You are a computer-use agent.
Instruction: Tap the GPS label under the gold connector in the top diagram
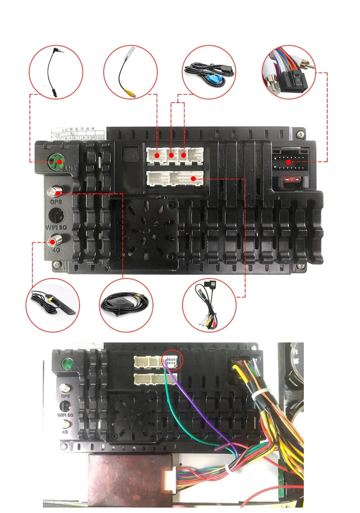[x=56, y=202]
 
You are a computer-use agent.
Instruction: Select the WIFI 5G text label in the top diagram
[x=56, y=227]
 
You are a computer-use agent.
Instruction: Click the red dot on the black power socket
[x=288, y=162]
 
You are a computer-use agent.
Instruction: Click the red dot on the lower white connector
[x=193, y=178]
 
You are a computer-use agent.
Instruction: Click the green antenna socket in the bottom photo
[x=66, y=363]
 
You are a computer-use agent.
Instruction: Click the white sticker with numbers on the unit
[x=78, y=133]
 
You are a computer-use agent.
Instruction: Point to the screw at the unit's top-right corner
[x=300, y=135]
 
